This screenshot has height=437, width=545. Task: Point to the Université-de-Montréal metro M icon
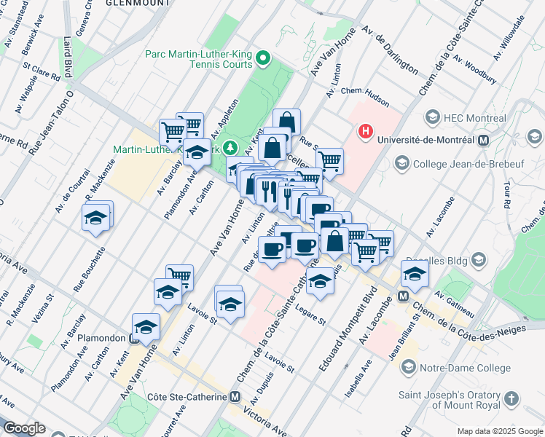(x=482, y=140)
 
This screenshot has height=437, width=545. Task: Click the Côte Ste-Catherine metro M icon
(x=235, y=397)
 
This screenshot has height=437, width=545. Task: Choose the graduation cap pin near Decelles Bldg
(x=415, y=275)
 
